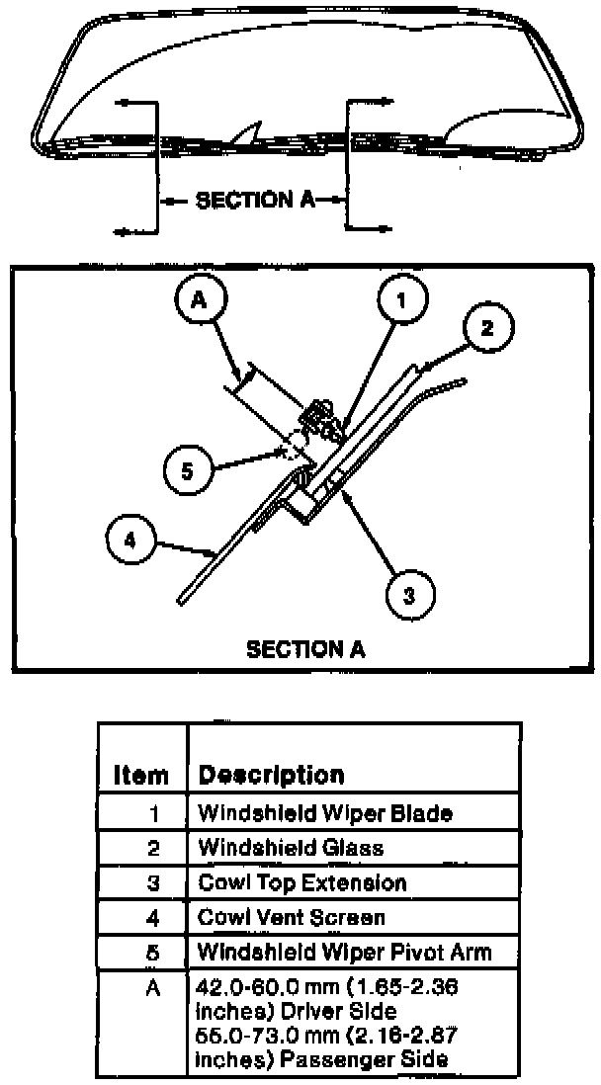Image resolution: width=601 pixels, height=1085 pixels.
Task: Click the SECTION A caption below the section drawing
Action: pos(304,649)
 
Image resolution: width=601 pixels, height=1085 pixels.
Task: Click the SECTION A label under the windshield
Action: pos(255,201)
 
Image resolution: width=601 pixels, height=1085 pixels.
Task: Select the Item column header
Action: pos(141,775)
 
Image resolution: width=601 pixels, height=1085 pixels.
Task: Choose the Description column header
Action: pos(272,775)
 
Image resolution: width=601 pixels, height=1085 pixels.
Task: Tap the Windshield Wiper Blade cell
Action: pos(325,813)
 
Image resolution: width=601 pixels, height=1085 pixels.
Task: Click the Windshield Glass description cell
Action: pos(291,848)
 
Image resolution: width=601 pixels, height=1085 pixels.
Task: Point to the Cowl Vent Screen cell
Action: pos(293,918)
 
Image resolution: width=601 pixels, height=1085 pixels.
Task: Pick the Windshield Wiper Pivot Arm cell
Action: pos(344,954)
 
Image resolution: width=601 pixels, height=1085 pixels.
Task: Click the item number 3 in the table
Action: pos(152,882)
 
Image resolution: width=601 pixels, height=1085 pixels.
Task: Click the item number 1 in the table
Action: pos(152,813)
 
